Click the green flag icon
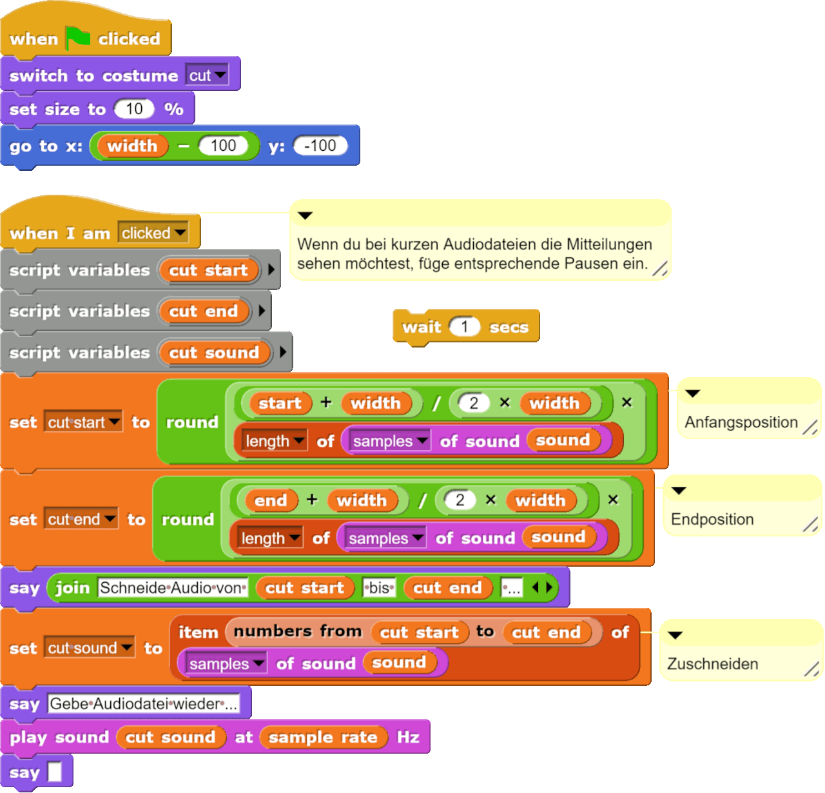click(x=78, y=38)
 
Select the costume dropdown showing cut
click(x=207, y=75)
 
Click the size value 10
click(x=134, y=109)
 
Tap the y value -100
click(x=320, y=146)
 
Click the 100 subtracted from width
click(x=223, y=146)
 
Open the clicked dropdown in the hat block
click(x=153, y=233)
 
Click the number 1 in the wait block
click(x=464, y=327)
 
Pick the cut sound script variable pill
click(x=213, y=353)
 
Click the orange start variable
click(x=280, y=404)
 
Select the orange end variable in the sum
click(x=270, y=501)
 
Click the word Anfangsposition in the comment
click(x=741, y=422)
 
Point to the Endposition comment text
click(x=712, y=519)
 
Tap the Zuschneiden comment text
click(x=712, y=663)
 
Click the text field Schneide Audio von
click(x=173, y=588)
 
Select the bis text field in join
click(x=379, y=588)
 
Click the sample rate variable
click(x=323, y=738)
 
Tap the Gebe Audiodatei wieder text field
click(x=143, y=704)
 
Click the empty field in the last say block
click(x=55, y=772)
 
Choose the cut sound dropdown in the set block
click(x=90, y=648)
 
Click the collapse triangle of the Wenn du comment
click(x=306, y=215)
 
